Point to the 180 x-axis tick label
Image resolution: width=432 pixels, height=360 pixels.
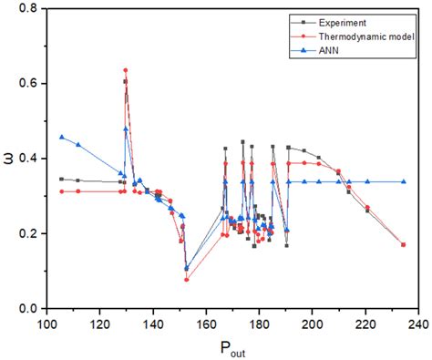click(260, 323)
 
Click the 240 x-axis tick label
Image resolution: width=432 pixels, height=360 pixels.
click(418, 323)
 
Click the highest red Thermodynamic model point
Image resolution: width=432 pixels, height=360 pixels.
click(125, 70)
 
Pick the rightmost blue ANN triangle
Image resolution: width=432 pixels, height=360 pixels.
click(404, 181)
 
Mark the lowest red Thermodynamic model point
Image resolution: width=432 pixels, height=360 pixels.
click(187, 280)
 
